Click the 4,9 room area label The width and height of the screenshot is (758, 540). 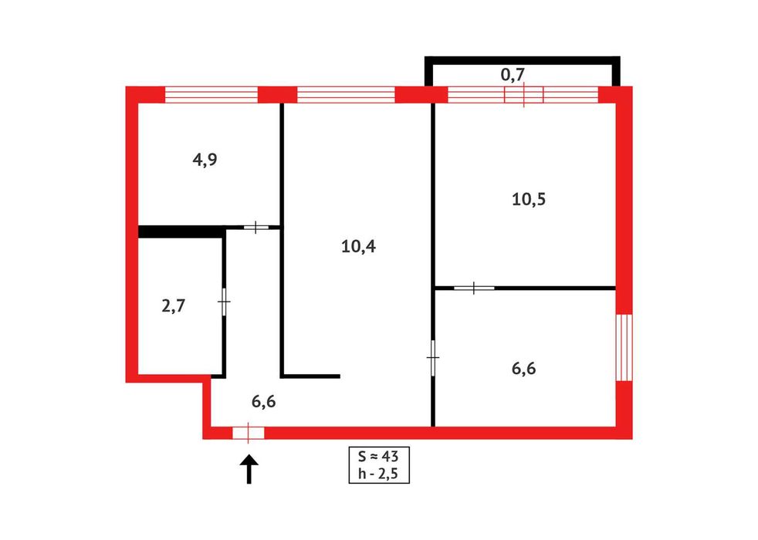(x=204, y=160)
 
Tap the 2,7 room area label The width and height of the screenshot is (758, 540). (x=173, y=305)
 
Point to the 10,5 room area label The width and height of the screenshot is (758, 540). (x=529, y=199)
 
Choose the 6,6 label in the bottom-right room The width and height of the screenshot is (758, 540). (x=523, y=367)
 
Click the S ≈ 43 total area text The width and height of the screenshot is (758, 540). (x=377, y=454)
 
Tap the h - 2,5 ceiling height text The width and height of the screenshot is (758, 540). (x=377, y=472)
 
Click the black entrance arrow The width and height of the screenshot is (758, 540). (x=249, y=469)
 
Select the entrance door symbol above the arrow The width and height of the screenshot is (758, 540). (x=248, y=433)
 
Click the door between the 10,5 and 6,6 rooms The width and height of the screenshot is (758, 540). (x=473, y=288)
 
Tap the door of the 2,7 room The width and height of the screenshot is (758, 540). (x=224, y=301)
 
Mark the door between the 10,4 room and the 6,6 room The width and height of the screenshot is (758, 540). (x=432, y=359)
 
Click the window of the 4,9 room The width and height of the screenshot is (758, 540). (x=211, y=94)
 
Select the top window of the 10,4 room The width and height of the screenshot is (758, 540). (x=346, y=94)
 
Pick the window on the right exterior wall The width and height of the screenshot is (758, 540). (x=624, y=346)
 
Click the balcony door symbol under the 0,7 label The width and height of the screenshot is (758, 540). (x=524, y=94)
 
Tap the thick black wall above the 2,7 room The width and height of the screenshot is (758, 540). (x=181, y=231)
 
